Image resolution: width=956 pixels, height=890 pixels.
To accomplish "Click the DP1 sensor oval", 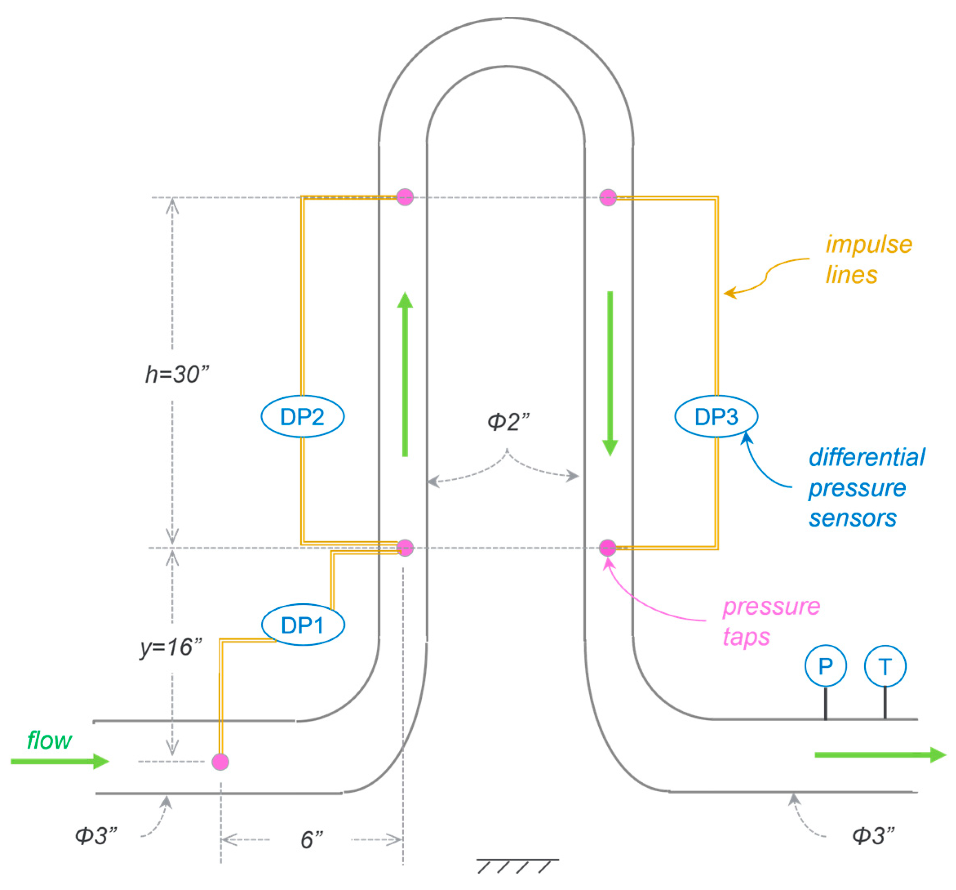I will pos(303,624).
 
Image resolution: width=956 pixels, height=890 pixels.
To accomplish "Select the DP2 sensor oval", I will pos(303,416).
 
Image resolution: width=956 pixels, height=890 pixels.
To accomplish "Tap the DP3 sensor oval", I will pos(716,416).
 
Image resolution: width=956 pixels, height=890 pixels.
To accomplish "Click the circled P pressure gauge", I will pos(825,666).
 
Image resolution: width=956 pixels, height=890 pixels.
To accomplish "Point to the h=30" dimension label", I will pos(177,374).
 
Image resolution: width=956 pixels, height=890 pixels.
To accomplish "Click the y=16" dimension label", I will pos(171,647).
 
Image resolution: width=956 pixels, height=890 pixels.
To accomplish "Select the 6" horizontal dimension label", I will pos(312,839).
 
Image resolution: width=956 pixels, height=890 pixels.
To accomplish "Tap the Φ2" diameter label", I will pos(508,422).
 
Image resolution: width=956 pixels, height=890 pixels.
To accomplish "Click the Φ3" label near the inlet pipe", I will pos(96,836).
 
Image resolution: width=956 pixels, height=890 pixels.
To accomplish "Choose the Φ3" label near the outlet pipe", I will pos(873,836).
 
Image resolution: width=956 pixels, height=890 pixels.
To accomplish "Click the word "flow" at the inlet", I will pos(49,740).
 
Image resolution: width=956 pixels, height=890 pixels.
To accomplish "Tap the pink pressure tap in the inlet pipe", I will pos(220,762).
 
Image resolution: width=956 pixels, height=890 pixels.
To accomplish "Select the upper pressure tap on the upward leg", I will pos(405,197).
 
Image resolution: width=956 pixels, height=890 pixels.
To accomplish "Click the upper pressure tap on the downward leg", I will pos(608,197).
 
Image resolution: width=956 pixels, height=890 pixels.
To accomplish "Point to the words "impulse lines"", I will pos(868,260).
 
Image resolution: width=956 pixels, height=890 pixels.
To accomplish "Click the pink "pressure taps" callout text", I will pos(771,621).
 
